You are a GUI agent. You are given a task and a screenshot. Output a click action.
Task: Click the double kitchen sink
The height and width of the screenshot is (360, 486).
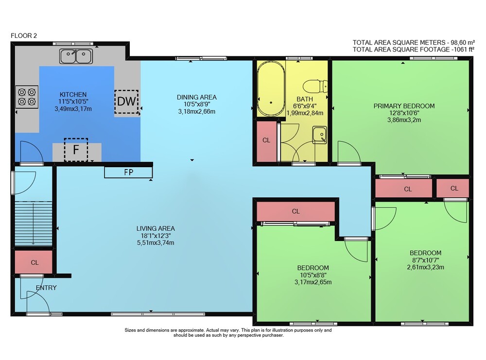(x=76, y=56)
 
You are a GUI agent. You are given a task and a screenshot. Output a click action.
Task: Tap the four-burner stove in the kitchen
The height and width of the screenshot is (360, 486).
(x=27, y=97)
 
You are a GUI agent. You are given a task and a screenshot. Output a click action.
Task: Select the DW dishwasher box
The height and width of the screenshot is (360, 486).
(x=126, y=102)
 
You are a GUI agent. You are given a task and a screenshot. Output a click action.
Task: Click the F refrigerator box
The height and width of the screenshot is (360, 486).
(x=76, y=150)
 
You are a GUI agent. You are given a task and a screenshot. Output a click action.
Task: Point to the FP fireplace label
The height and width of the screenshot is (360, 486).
(x=129, y=172)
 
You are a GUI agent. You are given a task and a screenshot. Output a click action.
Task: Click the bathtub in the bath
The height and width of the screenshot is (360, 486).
(x=271, y=88)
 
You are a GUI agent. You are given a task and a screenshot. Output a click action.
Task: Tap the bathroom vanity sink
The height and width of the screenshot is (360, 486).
(x=320, y=135)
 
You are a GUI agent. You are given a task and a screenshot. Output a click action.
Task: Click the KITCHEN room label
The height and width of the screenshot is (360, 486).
(x=73, y=94)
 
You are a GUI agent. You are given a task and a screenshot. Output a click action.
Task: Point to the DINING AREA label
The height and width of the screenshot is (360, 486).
(x=197, y=97)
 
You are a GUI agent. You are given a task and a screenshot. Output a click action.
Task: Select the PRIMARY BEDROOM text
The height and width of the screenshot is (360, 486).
(x=404, y=106)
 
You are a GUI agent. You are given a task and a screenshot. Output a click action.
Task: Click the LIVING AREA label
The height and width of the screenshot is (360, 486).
(x=156, y=228)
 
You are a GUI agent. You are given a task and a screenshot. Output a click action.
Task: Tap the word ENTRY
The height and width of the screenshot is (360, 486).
(x=46, y=288)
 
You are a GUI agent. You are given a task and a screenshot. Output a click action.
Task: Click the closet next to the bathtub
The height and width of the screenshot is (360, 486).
(x=266, y=141)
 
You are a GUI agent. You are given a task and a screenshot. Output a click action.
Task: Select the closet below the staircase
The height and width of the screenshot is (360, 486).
(x=34, y=262)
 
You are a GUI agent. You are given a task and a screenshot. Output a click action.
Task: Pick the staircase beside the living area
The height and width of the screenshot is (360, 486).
(x=33, y=223)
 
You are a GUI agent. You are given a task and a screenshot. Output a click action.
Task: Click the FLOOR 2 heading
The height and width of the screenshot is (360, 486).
(x=24, y=35)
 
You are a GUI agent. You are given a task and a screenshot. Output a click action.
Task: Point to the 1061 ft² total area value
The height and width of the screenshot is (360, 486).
(x=463, y=49)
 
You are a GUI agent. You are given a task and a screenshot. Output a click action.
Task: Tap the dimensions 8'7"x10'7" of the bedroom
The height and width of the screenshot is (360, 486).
(x=425, y=260)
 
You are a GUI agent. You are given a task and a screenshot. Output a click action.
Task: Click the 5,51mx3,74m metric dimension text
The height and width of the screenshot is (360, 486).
(x=156, y=243)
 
